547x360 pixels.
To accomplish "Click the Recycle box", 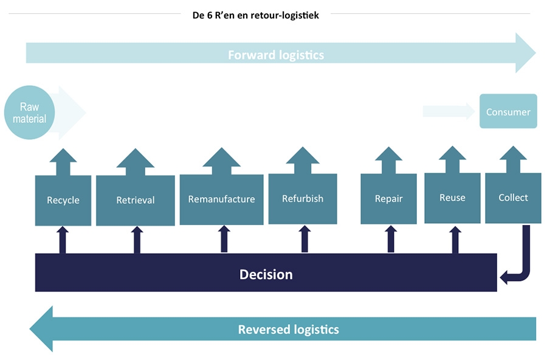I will pos(63,200).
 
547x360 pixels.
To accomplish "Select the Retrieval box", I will pos(136,200).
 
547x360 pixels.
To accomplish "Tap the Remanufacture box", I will pos(221,199).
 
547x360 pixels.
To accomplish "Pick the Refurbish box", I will pos(303,198).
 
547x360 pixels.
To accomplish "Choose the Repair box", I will pos(388,198).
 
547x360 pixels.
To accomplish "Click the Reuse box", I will pos(452,198).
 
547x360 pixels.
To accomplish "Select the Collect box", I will pos(513,198).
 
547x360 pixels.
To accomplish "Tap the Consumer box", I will pos(508,111).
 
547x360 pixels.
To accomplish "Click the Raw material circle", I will pos(29,113).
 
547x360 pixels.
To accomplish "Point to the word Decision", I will pos(266,274).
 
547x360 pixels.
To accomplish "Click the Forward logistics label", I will pos(276,55).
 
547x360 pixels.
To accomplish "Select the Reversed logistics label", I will pos(288,330).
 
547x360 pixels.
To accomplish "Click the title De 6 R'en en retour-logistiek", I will pos(255,16).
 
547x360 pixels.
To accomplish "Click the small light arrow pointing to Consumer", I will pos(449,111).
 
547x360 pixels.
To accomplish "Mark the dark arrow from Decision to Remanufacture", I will pos(224,240).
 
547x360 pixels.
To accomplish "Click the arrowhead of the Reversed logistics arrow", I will pos(43,329).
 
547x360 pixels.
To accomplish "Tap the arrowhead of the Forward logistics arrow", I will pos(525,53).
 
